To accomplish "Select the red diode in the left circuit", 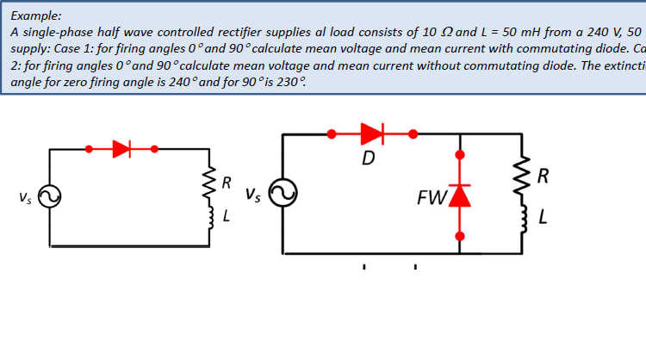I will [x=121, y=148].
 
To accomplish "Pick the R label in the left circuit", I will [x=226, y=183].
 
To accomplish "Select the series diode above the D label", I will [x=371, y=133].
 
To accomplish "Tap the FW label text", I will [x=430, y=199].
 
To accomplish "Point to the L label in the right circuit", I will [x=543, y=217].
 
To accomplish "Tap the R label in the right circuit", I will [x=543, y=178].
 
